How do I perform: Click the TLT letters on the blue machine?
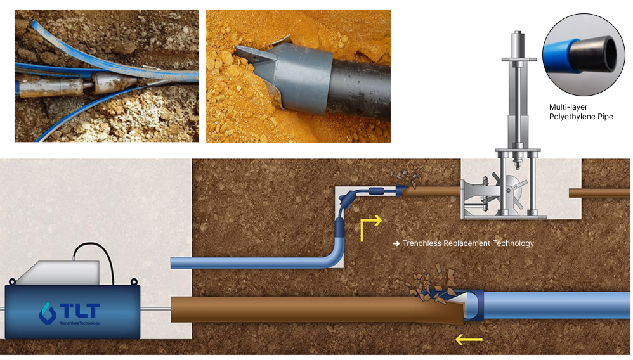pyautogui.click(x=79, y=311)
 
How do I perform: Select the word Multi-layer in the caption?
pyautogui.click(x=568, y=107)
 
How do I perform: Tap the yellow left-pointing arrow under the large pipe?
pyautogui.click(x=469, y=340)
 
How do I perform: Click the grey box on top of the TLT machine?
pyautogui.click(x=59, y=273)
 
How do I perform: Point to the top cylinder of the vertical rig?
pyautogui.click(x=518, y=44)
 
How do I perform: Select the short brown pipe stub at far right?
pyautogui.click(x=599, y=193)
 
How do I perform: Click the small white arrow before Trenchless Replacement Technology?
pyautogui.click(x=396, y=244)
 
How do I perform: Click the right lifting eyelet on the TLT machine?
pyautogui.click(x=134, y=281)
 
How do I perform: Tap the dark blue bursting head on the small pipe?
pyautogui.click(x=401, y=190)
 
